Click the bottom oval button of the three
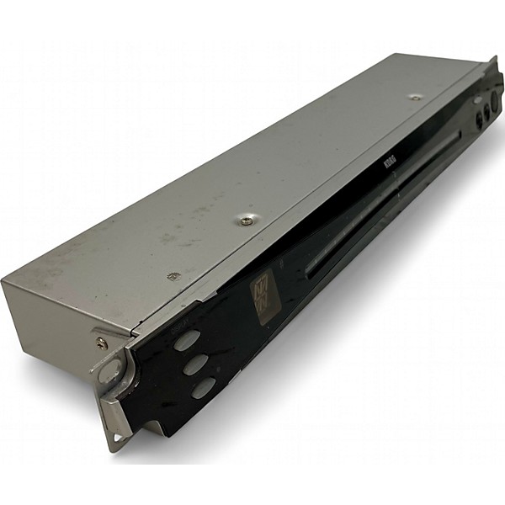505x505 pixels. [x=203, y=388]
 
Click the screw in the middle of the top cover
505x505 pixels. [x=246, y=221]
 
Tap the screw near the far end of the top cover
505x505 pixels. [x=415, y=97]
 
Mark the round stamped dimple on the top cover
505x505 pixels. [x=173, y=276]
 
